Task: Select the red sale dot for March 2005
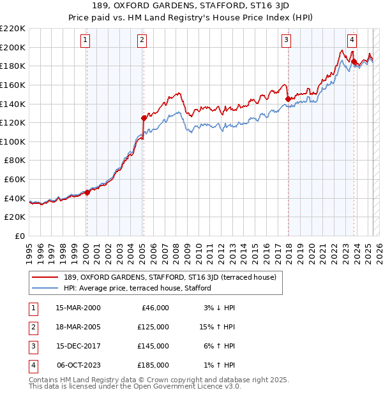click(144, 118)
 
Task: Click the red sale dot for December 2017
click(288, 99)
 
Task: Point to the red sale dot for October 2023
click(354, 61)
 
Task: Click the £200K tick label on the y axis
click(13, 47)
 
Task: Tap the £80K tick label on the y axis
click(15, 161)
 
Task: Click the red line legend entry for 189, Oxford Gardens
click(170, 277)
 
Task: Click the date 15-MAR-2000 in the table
click(78, 308)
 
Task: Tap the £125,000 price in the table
click(154, 327)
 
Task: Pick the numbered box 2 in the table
click(32, 327)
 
